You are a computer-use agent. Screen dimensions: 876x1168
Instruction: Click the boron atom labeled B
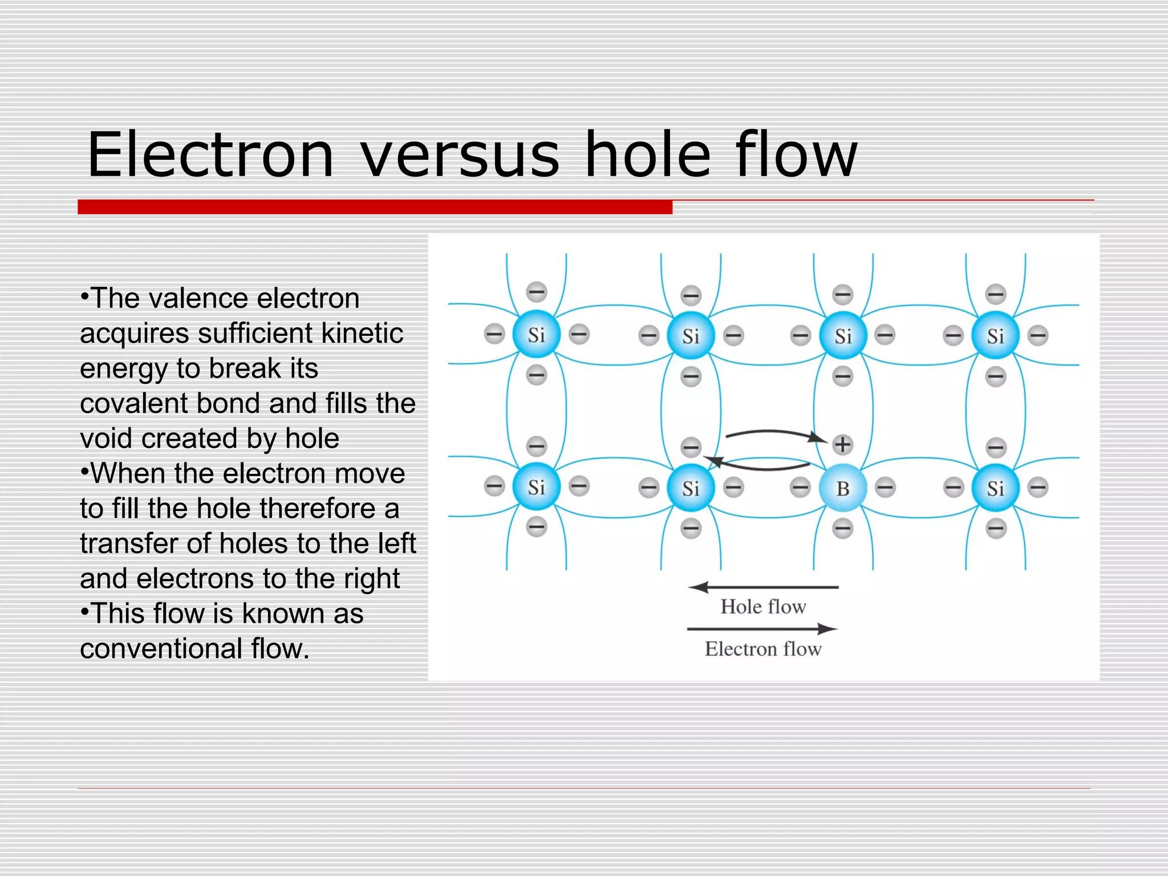(842, 488)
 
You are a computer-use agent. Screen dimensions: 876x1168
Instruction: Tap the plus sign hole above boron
(842, 444)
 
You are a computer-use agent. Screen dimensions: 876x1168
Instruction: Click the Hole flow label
(763, 606)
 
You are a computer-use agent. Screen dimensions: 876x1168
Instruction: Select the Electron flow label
(763, 649)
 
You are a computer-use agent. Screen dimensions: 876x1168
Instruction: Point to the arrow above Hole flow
(763, 587)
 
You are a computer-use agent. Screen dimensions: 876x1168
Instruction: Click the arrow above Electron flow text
(763, 629)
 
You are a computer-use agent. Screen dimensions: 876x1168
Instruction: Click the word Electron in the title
(210, 155)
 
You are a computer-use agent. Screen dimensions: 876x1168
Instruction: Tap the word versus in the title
(460, 155)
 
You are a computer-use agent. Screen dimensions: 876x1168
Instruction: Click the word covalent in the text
(134, 403)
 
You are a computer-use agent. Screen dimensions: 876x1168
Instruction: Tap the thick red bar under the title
(375, 207)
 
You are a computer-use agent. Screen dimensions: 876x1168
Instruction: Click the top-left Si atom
(536, 335)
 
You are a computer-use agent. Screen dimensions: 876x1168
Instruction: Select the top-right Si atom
(995, 336)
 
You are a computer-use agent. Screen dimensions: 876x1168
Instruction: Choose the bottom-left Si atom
(536, 487)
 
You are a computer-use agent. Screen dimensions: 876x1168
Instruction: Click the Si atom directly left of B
(691, 488)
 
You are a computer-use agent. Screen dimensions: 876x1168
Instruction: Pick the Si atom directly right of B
(995, 488)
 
